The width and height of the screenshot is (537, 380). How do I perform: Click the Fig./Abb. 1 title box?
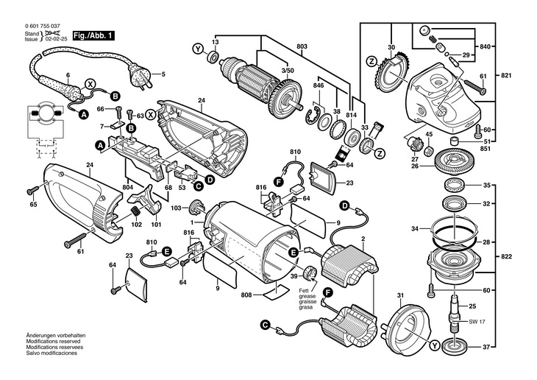point(93,35)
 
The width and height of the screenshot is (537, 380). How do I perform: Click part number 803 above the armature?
point(302,46)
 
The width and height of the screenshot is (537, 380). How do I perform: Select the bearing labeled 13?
point(213,57)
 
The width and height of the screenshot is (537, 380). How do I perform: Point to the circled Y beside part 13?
point(198,49)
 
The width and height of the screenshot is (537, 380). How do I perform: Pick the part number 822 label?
point(506,256)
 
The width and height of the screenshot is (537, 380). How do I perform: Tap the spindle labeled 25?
point(454,313)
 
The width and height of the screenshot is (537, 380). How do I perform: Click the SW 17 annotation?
point(477,322)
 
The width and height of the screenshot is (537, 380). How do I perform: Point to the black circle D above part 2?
point(344,205)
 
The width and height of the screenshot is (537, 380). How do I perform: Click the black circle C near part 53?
point(198,186)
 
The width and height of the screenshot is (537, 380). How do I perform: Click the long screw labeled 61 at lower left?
point(79,238)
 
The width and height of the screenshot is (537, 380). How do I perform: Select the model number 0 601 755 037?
point(43,26)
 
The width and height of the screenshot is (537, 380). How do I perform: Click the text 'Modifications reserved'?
point(53,341)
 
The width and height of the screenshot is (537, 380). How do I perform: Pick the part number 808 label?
point(246,295)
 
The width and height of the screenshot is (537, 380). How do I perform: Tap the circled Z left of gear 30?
point(371,62)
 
